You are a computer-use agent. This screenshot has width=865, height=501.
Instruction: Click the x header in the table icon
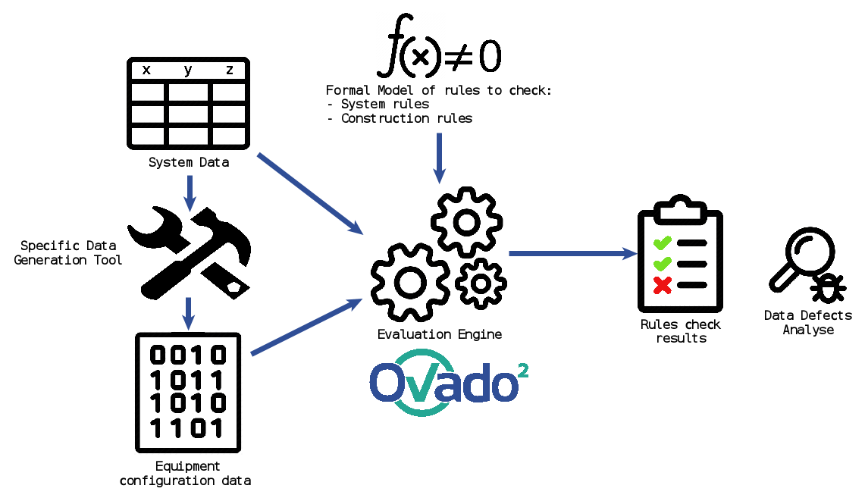pyautogui.click(x=146, y=70)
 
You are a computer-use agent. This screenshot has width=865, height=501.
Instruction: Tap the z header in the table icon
pyautogui.click(x=230, y=70)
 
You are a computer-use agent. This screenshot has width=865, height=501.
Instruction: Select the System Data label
pyautogui.click(x=188, y=162)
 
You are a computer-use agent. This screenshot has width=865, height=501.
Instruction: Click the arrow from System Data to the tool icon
pyautogui.click(x=190, y=193)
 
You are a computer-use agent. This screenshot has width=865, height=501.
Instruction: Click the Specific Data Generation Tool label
pyautogui.click(x=68, y=253)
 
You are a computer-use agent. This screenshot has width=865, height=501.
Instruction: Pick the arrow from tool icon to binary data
pyautogui.click(x=190, y=311)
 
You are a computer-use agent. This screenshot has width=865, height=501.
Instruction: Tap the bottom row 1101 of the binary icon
pyautogui.click(x=188, y=428)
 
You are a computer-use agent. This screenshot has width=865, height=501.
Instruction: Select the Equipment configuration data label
pyautogui.click(x=186, y=474)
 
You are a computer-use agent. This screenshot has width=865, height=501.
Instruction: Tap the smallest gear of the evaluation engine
pyautogui.click(x=481, y=283)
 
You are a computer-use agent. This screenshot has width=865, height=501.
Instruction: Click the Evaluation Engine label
pyautogui.click(x=440, y=334)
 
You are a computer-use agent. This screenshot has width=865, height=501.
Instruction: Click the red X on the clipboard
pyautogui.click(x=663, y=286)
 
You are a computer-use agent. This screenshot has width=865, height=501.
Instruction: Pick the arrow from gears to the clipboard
pyautogui.click(x=572, y=253)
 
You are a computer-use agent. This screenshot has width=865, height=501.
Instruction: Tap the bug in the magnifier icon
pyautogui.click(x=829, y=289)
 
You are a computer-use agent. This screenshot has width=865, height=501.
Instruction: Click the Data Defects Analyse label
pyautogui.click(x=807, y=323)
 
